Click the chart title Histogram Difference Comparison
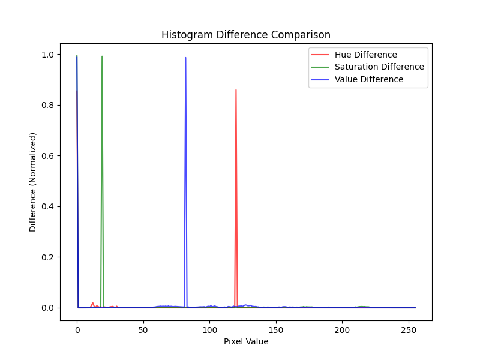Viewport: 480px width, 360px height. (x=246, y=35)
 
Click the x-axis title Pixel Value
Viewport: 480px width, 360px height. (x=246, y=341)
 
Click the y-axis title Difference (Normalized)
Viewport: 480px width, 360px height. (x=33, y=182)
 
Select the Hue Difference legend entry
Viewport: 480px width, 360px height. (x=365, y=55)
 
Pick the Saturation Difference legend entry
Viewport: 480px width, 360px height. (x=379, y=67)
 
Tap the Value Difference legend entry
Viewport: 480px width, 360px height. (x=369, y=79)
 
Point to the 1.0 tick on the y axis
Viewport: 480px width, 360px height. (x=49, y=55)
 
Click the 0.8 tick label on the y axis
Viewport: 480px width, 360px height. (x=49, y=105)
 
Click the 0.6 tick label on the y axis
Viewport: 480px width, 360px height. (x=49, y=156)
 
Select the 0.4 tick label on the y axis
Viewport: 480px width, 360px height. (x=49, y=206)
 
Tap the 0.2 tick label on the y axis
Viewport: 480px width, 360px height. (x=49, y=257)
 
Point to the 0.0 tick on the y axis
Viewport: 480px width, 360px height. (x=49, y=308)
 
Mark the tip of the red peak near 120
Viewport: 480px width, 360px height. (x=236, y=90)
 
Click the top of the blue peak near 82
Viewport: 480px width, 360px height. (x=185, y=58)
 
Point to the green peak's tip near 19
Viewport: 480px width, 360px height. (x=102, y=56)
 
